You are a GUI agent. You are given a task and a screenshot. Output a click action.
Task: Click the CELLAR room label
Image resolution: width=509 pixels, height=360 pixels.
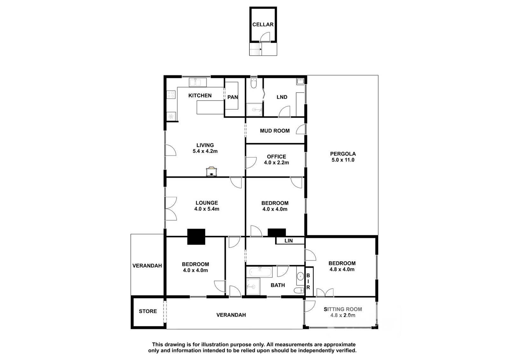[263, 24]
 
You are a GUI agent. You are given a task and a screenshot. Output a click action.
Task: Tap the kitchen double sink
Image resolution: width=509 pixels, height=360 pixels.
[198, 82]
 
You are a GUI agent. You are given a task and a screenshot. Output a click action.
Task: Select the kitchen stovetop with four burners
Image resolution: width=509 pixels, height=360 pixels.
[171, 94]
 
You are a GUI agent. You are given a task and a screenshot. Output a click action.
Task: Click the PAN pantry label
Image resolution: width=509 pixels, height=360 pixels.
[233, 97]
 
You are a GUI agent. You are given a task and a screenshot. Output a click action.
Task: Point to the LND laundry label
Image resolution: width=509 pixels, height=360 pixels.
[282, 97]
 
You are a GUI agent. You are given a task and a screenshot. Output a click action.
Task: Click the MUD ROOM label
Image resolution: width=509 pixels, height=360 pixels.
[275, 131]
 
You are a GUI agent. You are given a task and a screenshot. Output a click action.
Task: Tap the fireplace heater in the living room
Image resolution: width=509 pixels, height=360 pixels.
[211, 171]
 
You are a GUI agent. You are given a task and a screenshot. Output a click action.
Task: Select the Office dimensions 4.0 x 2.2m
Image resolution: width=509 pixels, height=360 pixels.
[276, 163]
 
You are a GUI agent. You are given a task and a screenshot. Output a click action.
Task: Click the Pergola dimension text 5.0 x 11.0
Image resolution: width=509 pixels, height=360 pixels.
[343, 160]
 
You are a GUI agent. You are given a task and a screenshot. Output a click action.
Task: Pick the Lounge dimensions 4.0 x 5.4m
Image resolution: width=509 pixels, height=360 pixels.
[206, 209]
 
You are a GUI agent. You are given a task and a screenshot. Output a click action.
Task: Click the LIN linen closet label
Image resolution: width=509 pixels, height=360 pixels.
[289, 240]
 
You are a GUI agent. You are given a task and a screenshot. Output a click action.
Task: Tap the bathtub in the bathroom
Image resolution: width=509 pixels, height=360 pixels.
[261, 272]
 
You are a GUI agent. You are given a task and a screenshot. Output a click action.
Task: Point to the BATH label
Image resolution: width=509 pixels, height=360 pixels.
[278, 285]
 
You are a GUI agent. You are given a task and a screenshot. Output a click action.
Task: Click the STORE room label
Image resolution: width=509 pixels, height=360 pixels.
[148, 311]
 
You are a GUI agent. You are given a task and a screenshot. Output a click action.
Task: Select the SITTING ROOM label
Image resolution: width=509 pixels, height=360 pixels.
[343, 309]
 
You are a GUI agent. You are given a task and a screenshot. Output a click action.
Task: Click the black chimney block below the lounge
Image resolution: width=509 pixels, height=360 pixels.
[196, 236]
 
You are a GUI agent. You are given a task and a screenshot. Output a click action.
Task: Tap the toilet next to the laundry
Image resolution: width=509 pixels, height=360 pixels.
[254, 83]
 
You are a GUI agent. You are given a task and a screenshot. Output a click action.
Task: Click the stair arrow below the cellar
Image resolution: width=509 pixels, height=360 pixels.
[261, 49]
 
